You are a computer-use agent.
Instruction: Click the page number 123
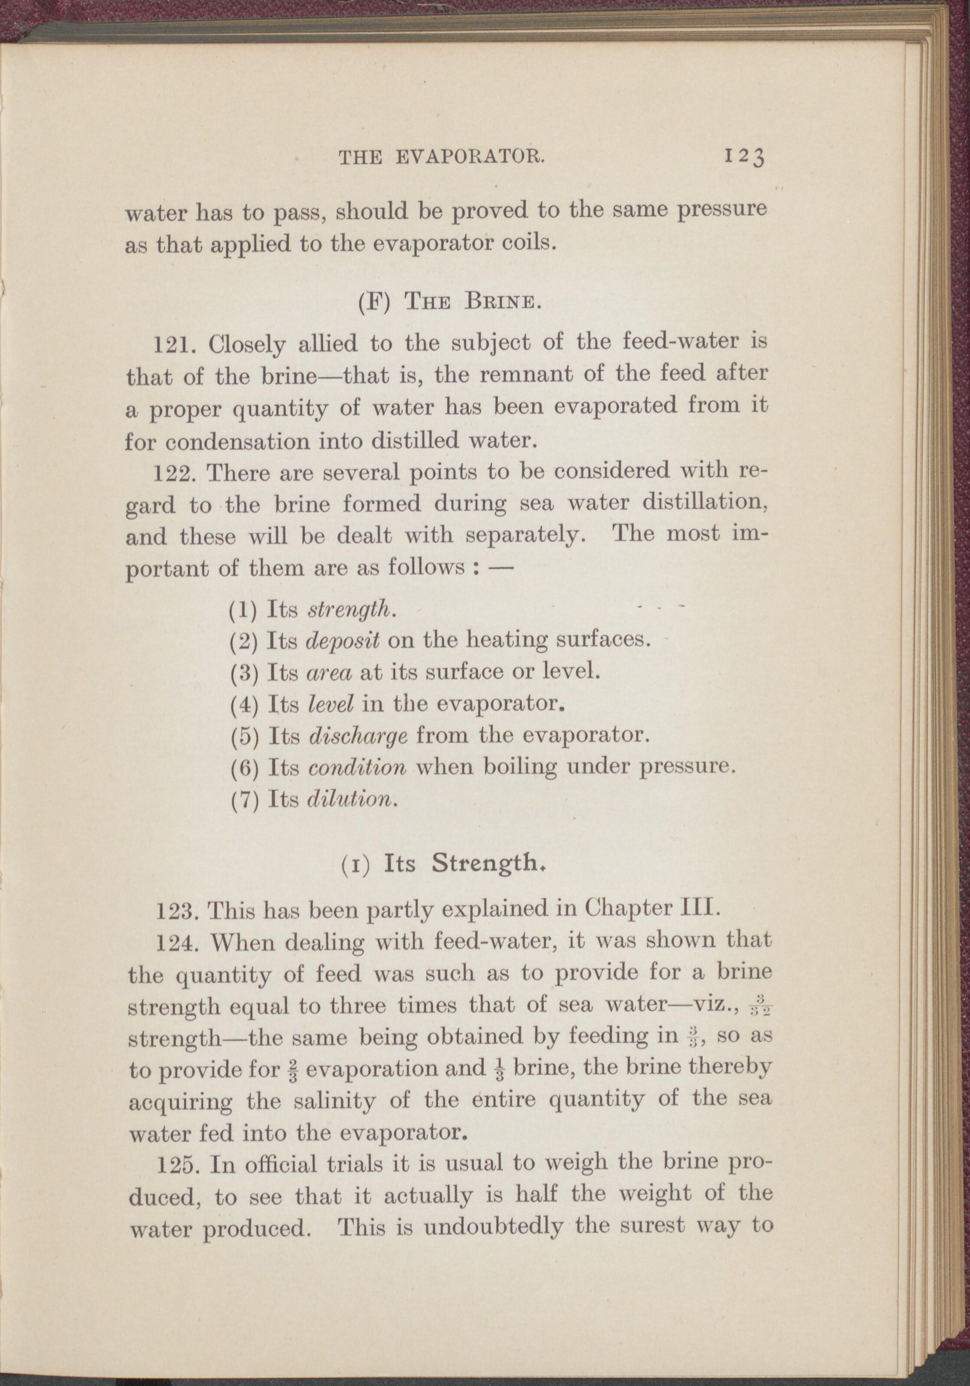(744, 158)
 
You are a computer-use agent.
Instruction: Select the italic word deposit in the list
(343, 640)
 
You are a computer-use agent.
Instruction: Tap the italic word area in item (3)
(330, 671)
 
